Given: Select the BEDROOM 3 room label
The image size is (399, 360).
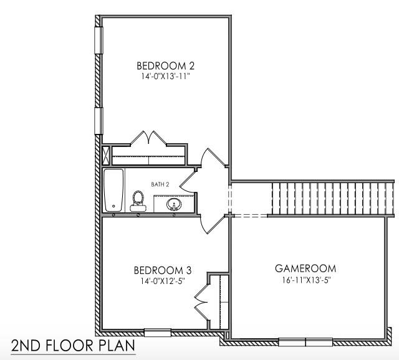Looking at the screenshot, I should point(162,270).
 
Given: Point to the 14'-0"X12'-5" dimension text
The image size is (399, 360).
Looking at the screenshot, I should point(162,281).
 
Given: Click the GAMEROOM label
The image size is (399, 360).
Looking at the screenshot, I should point(305,268).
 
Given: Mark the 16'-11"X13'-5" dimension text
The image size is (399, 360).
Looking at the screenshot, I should point(305,280).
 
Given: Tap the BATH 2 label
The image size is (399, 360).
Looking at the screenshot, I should point(160,184).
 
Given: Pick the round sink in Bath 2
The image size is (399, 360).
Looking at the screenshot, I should point(173,204).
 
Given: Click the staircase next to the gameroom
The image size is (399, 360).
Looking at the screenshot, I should point(331,198).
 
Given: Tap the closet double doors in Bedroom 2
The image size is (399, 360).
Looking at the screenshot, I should point(148,140).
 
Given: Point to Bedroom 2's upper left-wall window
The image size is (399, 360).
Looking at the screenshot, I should point(98,40).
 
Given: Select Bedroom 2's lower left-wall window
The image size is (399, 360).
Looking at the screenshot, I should point(98,120).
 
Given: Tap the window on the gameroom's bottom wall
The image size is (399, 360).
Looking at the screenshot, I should point(305,341).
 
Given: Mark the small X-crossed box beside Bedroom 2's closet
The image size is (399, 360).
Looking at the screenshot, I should point(105,154).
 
